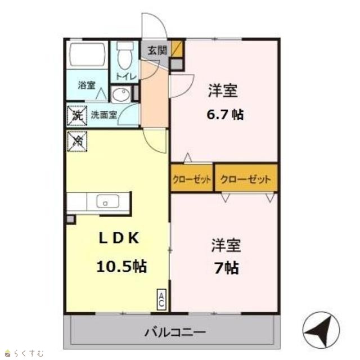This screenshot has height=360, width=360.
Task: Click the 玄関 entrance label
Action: [x=157, y=50]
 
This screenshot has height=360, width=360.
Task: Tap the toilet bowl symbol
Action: [x=125, y=55]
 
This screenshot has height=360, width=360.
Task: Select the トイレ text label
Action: [x=126, y=76]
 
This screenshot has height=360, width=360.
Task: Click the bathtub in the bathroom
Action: [x=87, y=54]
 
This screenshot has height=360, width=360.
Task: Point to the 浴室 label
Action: [x=87, y=85]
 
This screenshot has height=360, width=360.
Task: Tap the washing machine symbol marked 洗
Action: [x=77, y=115]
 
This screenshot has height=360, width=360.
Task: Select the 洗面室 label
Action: [x=104, y=115]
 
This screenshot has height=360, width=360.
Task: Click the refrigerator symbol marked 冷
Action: [x=77, y=141]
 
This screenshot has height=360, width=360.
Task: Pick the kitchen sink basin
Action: [x=107, y=201]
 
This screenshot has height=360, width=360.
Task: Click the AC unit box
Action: [x=161, y=299]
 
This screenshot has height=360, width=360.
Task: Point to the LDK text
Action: [x=119, y=238]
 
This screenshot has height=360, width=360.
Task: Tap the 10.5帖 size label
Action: [x=121, y=266]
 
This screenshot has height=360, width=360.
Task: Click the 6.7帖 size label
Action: [x=225, y=114]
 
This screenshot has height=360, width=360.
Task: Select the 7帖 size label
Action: [x=226, y=268]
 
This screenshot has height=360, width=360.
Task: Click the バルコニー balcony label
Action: [x=175, y=332]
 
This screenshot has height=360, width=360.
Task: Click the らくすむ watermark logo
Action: [x=24, y=353]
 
